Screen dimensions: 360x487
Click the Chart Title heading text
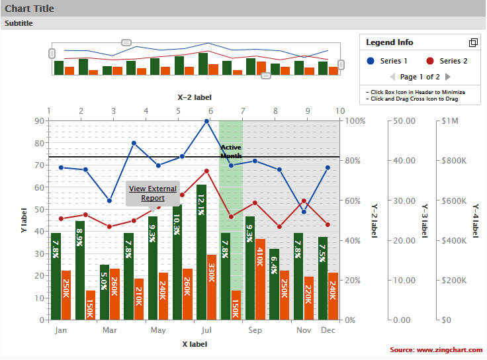pos(30,9)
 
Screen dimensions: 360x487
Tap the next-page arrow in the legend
pos(448,77)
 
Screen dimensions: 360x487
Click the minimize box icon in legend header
pos(473,42)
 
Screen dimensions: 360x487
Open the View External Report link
pos(153,193)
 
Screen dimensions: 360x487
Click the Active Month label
pos(231,152)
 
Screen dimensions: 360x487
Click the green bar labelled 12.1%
pos(201,252)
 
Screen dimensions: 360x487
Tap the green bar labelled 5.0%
pos(105,292)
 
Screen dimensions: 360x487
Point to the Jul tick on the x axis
pos(206,330)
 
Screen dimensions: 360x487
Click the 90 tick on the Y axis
pos(39,121)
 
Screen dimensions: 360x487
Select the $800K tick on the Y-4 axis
pos(455,161)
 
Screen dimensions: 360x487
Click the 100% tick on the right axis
pos(355,121)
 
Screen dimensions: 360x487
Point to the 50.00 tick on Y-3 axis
pos(403,121)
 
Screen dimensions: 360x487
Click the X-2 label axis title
pos(195,97)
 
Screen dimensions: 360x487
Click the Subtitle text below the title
pos(19,23)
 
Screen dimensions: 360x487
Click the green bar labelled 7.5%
pos(323,278)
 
